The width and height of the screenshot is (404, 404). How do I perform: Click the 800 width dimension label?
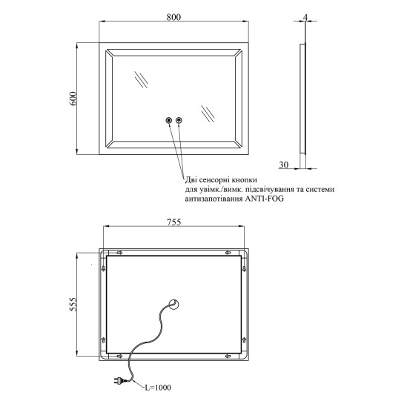point(173,17)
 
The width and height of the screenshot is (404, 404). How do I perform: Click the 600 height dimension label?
point(73,99)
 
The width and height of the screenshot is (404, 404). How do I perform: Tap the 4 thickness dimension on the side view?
point(305,17)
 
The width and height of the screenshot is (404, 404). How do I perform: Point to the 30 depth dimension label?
point(284,165)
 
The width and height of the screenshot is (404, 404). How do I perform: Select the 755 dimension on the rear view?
point(174,222)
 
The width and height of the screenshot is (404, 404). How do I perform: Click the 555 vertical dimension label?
point(73,304)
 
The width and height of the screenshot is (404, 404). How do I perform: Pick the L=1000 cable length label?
point(158,387)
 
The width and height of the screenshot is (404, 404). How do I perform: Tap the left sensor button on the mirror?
point(169,120)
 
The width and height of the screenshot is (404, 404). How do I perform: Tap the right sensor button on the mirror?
point(179,120)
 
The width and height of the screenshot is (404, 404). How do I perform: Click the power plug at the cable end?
point(119,380)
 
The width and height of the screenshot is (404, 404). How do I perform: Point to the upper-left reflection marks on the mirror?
point(141,79)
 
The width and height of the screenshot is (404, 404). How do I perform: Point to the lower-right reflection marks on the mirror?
point(208,113)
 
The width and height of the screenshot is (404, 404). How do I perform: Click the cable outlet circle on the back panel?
point(173,304)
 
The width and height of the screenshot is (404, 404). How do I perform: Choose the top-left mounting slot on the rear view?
point(119,253)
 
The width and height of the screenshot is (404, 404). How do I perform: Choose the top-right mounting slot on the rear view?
point(228,253)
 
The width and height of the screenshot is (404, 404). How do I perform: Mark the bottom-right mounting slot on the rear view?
point(228,357)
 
